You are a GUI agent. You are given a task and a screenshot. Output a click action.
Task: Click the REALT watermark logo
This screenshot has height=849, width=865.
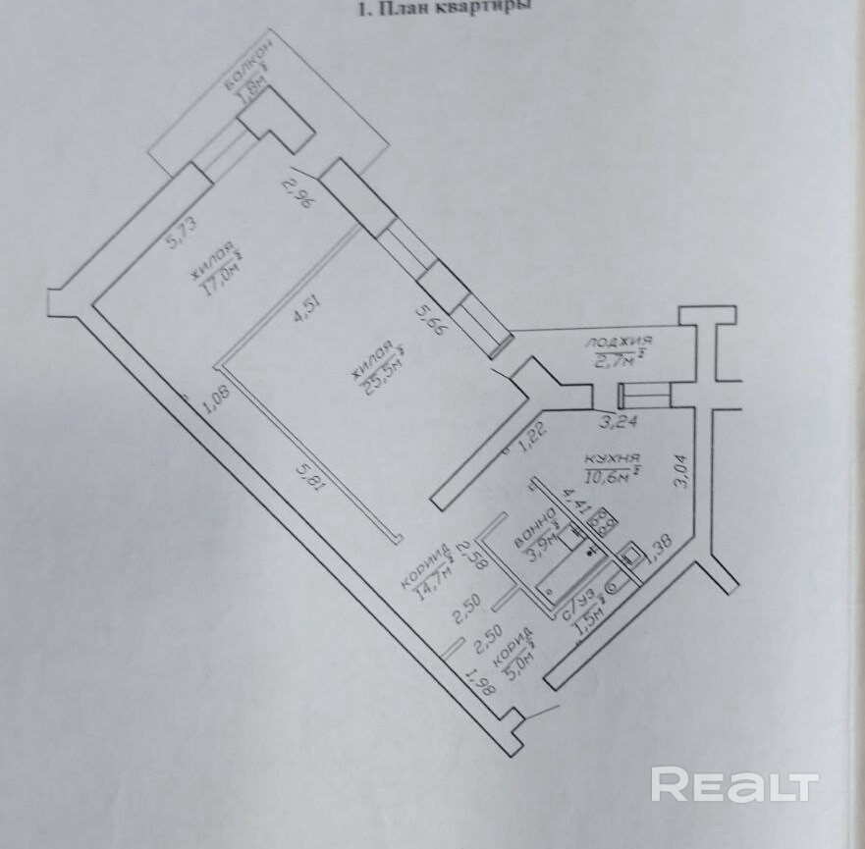click(x=734, y=784)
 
